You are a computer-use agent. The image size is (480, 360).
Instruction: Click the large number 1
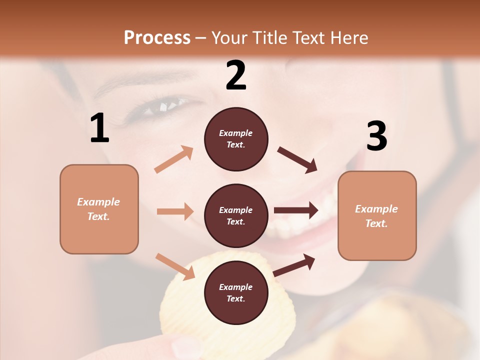[99, 128]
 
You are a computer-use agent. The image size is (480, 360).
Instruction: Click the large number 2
[236, 75]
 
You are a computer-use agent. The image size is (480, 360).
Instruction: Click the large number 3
[376, 136]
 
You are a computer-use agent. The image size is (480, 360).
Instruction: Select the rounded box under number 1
[99, 209]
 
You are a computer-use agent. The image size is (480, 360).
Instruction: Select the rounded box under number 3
[377, 215]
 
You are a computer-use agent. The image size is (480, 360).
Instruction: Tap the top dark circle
[236, 139]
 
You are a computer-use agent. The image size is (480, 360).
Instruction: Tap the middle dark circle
[236, 215]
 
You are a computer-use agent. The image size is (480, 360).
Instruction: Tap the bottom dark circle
[236, 292]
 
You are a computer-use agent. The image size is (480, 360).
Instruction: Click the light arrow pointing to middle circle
[175, 211]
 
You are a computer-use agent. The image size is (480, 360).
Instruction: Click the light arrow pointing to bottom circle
[175, 266]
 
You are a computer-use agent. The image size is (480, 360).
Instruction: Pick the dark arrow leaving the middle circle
[296, 210]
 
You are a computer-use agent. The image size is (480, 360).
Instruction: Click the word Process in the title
[157, 37]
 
